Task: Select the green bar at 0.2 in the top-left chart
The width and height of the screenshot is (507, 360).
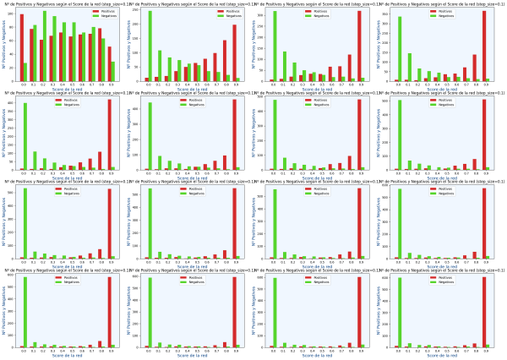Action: (x=45, y=46)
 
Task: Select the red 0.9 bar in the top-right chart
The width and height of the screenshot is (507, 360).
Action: (x=484, y=46)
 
